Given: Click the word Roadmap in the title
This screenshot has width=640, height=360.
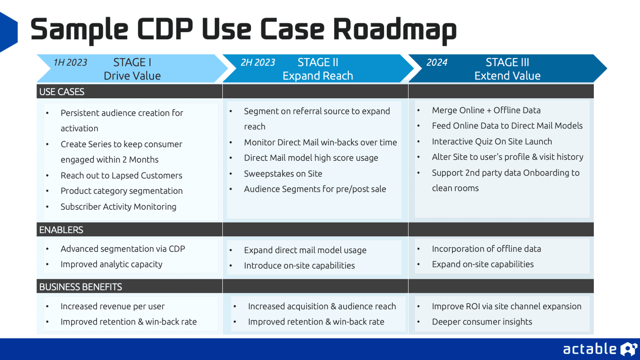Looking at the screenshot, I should tap(395, 29).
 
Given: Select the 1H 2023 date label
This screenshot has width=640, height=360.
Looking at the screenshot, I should tap(70, 63).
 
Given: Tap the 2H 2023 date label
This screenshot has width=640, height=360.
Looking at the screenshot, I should tap(258, 63).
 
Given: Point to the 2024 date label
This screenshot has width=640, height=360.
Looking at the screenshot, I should tap(437, 63).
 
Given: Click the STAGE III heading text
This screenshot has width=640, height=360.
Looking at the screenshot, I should tap(507, 63).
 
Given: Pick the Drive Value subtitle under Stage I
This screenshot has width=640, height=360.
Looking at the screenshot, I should tap(132, 76).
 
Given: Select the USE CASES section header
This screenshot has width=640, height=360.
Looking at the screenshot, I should tap(62, 91).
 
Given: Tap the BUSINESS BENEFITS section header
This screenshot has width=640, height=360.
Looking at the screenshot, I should tap(80, 287).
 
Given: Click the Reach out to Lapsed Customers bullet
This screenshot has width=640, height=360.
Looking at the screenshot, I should tap(121, 175).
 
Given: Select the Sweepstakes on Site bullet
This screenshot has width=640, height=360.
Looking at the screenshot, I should tap(283, 174).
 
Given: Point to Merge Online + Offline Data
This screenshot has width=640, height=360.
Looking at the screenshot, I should tap(486, 110).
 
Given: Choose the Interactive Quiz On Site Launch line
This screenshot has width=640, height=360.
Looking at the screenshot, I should tap(492, 142).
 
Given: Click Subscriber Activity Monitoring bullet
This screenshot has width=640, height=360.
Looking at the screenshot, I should tap(118, 206).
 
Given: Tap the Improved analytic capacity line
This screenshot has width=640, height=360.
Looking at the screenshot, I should tap(112, 264).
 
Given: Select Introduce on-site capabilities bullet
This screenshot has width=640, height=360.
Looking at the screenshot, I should tap(299, 265).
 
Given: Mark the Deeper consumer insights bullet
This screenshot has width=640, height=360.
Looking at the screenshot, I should tap(482, 322).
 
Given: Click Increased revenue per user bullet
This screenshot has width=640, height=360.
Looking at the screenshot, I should tap(112, 307).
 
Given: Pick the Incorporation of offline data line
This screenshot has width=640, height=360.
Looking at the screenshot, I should tap(486, 249).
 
